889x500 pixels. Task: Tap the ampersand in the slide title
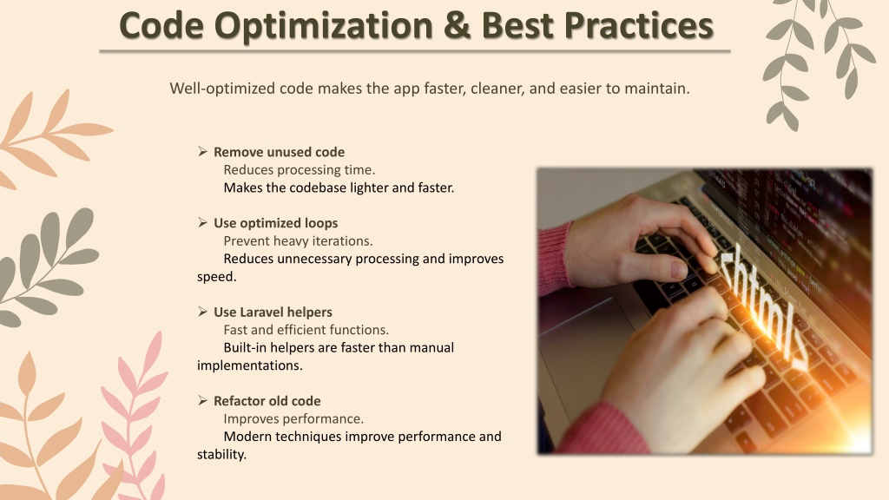click(458, 25)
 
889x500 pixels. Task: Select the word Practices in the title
click(638, 25)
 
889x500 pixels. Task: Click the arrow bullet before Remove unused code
click(202, 151)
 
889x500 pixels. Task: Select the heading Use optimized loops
click(275, 223)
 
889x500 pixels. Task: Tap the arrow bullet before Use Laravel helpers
click(202, 312)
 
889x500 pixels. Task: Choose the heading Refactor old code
click(267, 401)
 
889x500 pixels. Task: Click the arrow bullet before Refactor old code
click(202, 400)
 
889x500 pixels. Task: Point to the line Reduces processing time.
click(300, 170)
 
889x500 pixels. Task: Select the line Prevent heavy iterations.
click(299, 241)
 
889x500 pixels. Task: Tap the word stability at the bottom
click(221, 454)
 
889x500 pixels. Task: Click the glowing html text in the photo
click(762, 306)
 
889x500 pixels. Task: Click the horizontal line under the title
click(415, 51)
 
